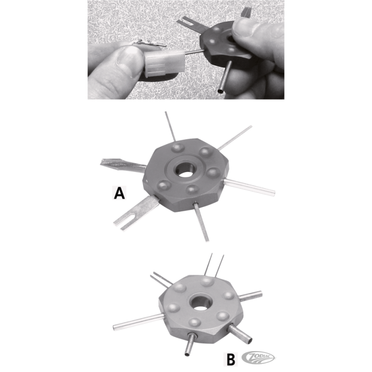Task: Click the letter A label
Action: (x=119, y=193)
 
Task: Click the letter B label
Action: (x=231, y=359)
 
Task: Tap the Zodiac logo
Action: (x=258, y=358)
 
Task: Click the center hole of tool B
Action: (x=201, y=304)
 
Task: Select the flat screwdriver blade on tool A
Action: (x=123, y=164)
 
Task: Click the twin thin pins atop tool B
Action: (x=214, y=265)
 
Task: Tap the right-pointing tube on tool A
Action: (x=250, y=187)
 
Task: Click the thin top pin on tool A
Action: (x=170, y=126)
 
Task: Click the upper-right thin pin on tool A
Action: (x=235, y=138)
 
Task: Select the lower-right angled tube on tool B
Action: (x=240, y=334)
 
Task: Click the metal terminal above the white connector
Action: (x=149, y=44)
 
